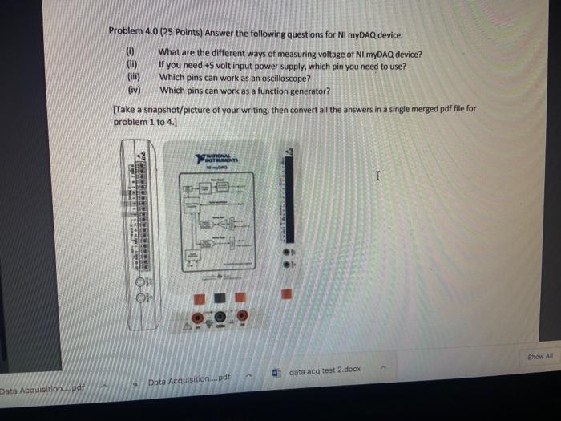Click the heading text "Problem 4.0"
point(134,34)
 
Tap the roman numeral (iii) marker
point(131,78)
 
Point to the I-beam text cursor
point(381,172)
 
